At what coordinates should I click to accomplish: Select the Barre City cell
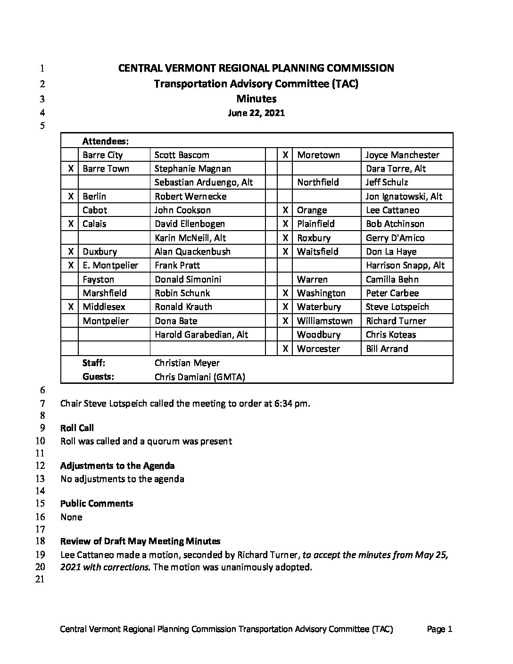(102, 155)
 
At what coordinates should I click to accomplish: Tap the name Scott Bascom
(182, 155)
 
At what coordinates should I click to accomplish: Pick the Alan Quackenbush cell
(192, 252)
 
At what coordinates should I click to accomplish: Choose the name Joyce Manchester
(402, 155)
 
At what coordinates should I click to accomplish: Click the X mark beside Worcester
(285, 349)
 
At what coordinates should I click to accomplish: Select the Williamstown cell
(324, 321)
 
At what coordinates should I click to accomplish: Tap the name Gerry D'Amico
(395, 238)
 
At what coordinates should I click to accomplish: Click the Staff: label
(94, 363)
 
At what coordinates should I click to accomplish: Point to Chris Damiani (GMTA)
(200, 377)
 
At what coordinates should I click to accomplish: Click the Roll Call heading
(77, 428)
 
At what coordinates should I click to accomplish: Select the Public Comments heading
(97, 504)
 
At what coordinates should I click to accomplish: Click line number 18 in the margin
(40, 541)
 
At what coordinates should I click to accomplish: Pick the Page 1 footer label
(439, 629)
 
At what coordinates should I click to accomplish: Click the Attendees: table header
(106, 141)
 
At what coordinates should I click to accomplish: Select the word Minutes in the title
(256, 99)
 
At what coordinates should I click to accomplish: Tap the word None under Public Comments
(71, 517)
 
